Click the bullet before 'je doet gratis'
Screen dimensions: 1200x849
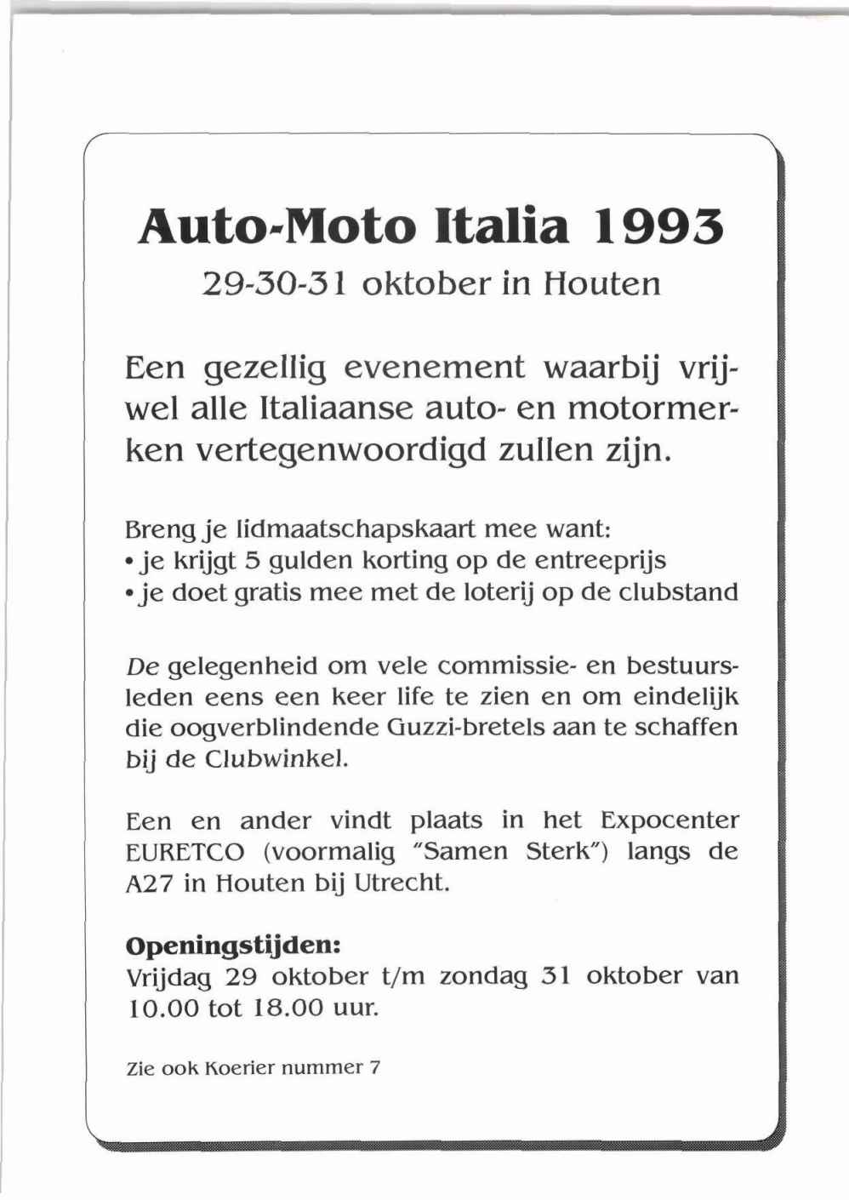tap(129, 592)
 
